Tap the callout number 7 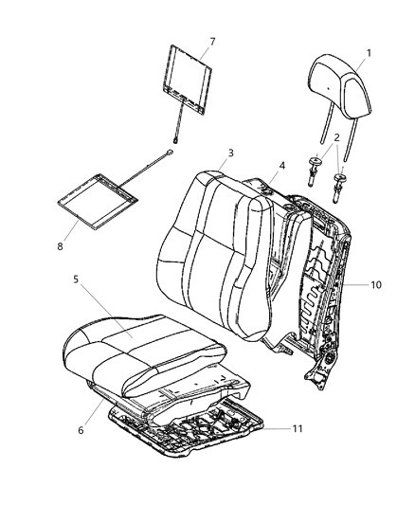[211, 42]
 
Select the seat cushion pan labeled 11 [189, 431]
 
